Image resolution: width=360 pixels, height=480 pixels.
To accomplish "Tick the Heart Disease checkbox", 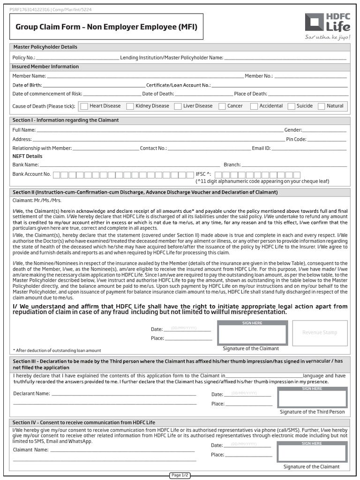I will (x=84, y=106).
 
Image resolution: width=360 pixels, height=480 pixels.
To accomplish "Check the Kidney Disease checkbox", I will (x=130, y=106).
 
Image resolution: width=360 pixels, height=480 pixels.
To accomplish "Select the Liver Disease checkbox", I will (x=178, y=106).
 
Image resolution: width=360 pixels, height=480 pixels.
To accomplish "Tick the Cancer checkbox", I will (x=222, y=106).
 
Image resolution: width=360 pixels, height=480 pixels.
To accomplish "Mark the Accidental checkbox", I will (x=254, y=106).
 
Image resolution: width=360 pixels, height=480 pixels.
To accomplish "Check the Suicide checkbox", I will (x=291, y=106).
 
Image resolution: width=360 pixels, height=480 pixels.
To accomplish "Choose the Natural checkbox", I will (x=321, y=106).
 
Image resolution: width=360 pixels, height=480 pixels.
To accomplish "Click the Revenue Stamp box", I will (x=320, y=333).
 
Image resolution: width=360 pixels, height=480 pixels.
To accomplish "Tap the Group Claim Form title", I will (x=103, y=28).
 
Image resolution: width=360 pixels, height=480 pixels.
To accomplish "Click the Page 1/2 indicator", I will (x=180, y=475).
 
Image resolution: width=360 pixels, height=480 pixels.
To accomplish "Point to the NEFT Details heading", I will (x=27, y=156).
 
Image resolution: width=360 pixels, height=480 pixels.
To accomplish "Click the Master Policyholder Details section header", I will (x=45, y=47).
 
